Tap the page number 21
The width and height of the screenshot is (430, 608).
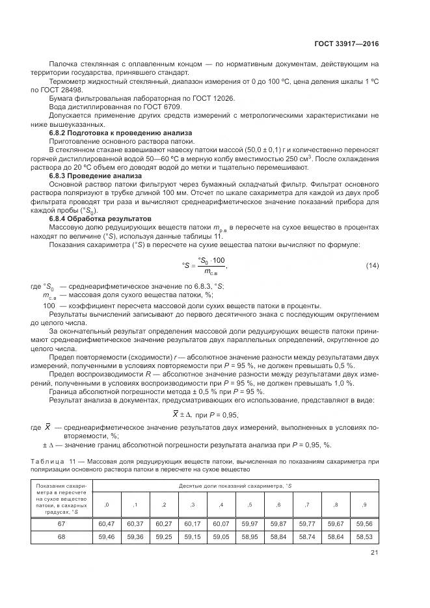373,553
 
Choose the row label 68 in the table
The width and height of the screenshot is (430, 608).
62,536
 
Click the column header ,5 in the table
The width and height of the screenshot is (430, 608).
249,505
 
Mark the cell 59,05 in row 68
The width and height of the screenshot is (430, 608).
221,536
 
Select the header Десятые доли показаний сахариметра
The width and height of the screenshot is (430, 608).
235,486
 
